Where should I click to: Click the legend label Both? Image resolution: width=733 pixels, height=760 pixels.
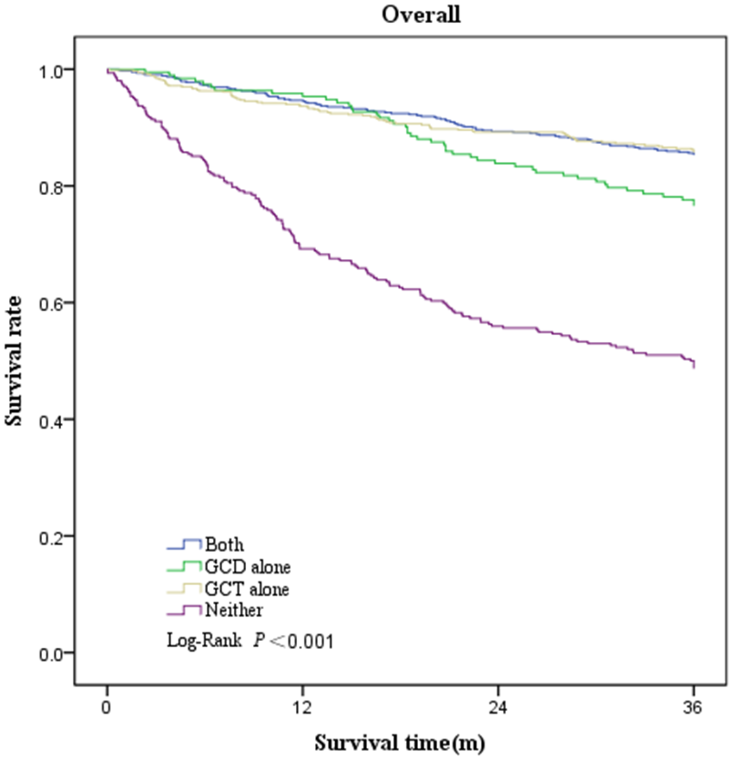[x=224, y=545]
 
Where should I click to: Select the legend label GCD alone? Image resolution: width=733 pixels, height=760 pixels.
[x=241, y=566]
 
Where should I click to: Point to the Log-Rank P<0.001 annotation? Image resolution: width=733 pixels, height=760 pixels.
[x=250, y=640]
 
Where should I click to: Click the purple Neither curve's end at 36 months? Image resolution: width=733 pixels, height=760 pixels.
[x=693, y=364]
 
